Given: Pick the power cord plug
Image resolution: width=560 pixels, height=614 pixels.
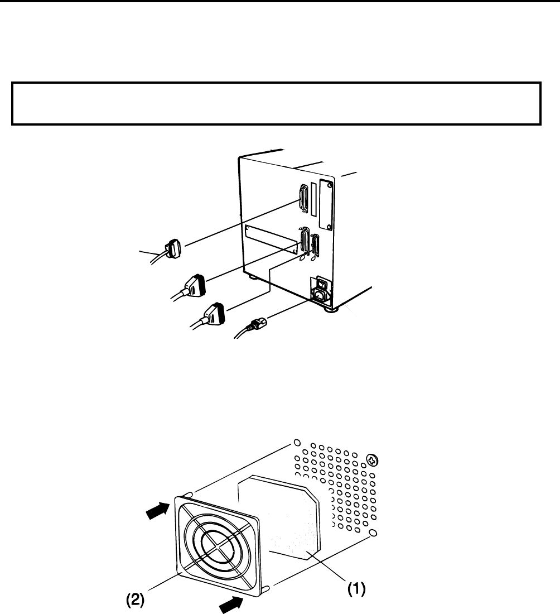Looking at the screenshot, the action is [x=257, y=323].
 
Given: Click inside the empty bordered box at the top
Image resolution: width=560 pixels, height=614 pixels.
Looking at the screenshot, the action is [x=276, y=104].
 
